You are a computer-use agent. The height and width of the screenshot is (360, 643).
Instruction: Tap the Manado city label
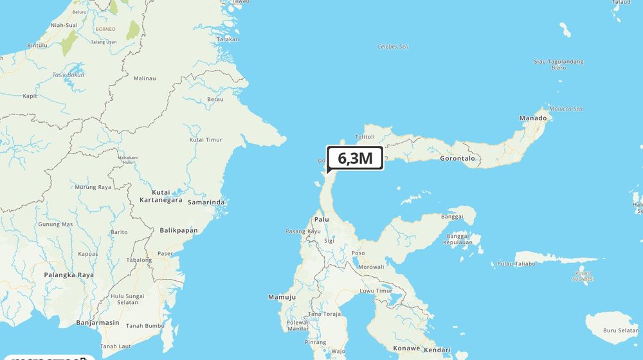(x=532, y=118)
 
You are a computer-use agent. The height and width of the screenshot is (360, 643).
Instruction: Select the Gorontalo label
(x=457, y=158)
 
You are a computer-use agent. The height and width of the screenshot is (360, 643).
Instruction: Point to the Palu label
(x=321, y=219)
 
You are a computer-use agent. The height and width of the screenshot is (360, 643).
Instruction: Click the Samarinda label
(x=206, y=203)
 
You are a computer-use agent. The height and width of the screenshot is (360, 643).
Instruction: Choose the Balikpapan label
(x=179, y=230)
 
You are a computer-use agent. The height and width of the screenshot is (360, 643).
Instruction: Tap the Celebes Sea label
(x=393, y=47)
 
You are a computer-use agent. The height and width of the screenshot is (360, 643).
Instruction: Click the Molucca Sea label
(x=565, y=109)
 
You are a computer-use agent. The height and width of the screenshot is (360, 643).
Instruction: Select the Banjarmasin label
(x=98, y=322)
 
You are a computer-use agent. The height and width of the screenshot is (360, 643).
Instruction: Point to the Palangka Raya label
(x=69, y=274)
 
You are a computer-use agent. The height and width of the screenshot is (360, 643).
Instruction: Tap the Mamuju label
(x=282, y=297)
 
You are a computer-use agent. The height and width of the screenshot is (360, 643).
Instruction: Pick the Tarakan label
(x=228, y=39)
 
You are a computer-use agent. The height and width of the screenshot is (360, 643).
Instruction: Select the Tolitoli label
(x=365, y=137)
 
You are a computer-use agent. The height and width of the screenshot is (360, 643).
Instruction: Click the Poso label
(x=358, y=253)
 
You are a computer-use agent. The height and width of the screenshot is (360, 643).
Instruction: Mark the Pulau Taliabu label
(x=516, y=264)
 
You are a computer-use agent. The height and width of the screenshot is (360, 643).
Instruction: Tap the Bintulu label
(x=38, y=46)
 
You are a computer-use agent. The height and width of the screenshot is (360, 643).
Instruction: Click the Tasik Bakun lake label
(x=68, y=75)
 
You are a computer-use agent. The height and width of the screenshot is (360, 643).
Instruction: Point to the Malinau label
(x=145, y=78)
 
